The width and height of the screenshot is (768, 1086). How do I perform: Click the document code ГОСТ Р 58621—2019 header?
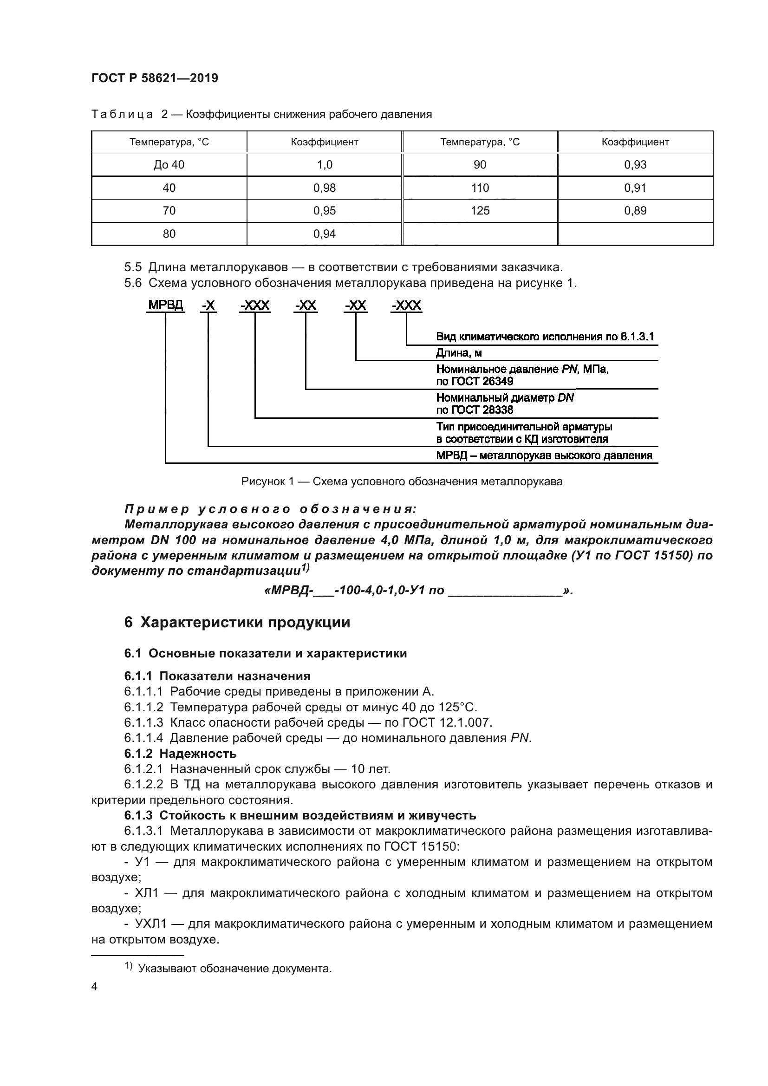[155, 78]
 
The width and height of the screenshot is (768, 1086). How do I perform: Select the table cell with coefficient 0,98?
[325, 188]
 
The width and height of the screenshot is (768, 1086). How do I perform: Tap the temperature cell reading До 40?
[169, 165]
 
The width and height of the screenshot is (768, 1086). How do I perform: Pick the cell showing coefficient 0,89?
[635, 210]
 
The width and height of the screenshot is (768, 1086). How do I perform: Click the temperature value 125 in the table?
[480, 210]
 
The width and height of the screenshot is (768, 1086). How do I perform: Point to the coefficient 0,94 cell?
[325, 234]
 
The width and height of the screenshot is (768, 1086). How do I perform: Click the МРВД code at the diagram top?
[165, 306]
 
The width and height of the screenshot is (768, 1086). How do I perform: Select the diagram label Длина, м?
[459, 353]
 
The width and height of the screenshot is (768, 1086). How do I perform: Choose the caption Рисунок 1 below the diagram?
[402, 481]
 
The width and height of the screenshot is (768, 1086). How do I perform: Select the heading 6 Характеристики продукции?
[237, 622]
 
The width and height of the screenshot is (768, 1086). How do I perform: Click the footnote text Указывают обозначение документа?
[234, 968]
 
